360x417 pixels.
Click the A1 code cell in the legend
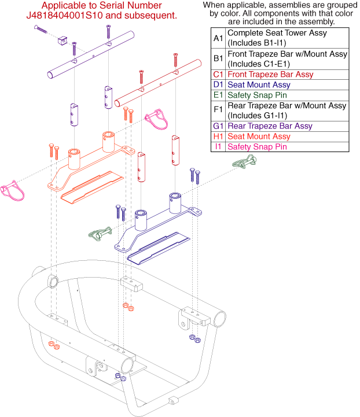pos(218,38)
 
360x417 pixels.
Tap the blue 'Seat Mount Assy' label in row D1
pos(258,85)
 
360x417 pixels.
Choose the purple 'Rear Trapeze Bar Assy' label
pos(270,126)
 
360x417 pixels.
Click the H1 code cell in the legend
pos(218,136)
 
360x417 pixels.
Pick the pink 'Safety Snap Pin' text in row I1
pos(256,147)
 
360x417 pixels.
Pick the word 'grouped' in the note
pos(335,5)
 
